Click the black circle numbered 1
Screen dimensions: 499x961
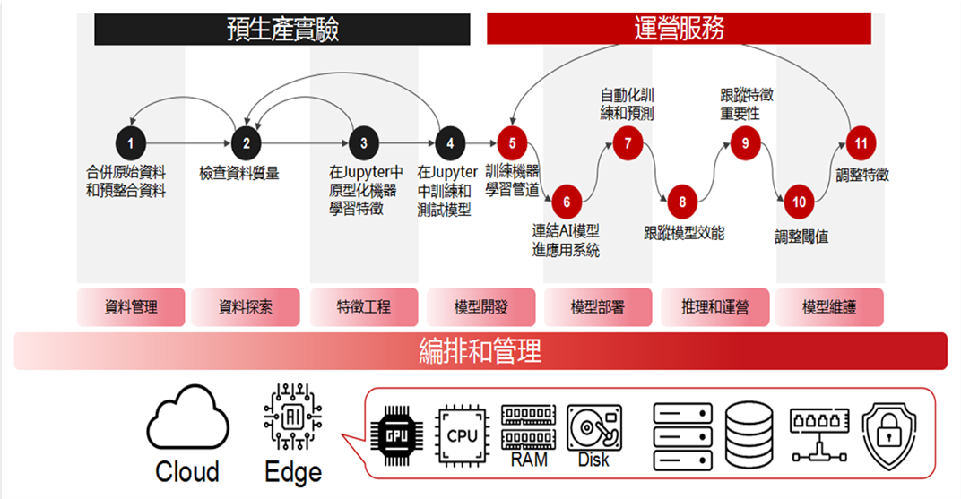point(131,142)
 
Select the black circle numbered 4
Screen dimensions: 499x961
point(450,142)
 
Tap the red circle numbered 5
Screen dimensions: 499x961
point(512,142)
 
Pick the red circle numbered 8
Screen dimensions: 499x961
point(682,202)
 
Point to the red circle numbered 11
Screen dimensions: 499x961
point(861,142)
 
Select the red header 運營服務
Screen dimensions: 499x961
point(679,29)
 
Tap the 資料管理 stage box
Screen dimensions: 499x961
point(131,307)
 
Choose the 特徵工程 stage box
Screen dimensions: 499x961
point(364,307)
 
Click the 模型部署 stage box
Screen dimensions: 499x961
point(598,307)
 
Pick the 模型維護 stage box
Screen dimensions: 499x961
point(829,307)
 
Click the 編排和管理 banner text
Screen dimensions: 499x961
point(480,351)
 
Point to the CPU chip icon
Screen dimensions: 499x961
point(462,434)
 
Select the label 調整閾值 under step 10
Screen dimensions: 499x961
point(801,237)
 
